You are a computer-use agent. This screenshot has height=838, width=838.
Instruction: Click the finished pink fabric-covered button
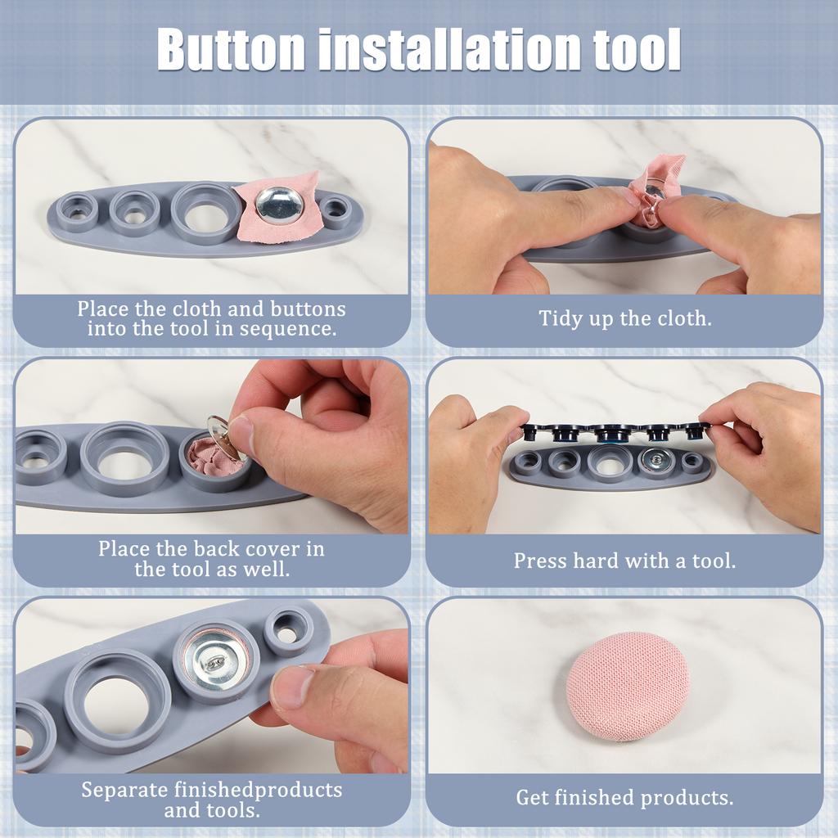[627, 686]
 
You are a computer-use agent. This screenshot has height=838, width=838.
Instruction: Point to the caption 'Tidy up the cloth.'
[624, 318]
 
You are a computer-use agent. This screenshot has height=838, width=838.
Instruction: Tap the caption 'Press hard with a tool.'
[624, 561]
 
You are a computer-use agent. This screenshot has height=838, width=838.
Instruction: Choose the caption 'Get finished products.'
[624, 797]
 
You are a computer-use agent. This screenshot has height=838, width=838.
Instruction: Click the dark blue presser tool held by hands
[614, 431]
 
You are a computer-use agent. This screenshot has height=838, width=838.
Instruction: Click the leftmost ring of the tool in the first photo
[78, 212]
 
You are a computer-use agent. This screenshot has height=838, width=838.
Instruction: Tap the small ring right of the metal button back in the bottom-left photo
[288, 630]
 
